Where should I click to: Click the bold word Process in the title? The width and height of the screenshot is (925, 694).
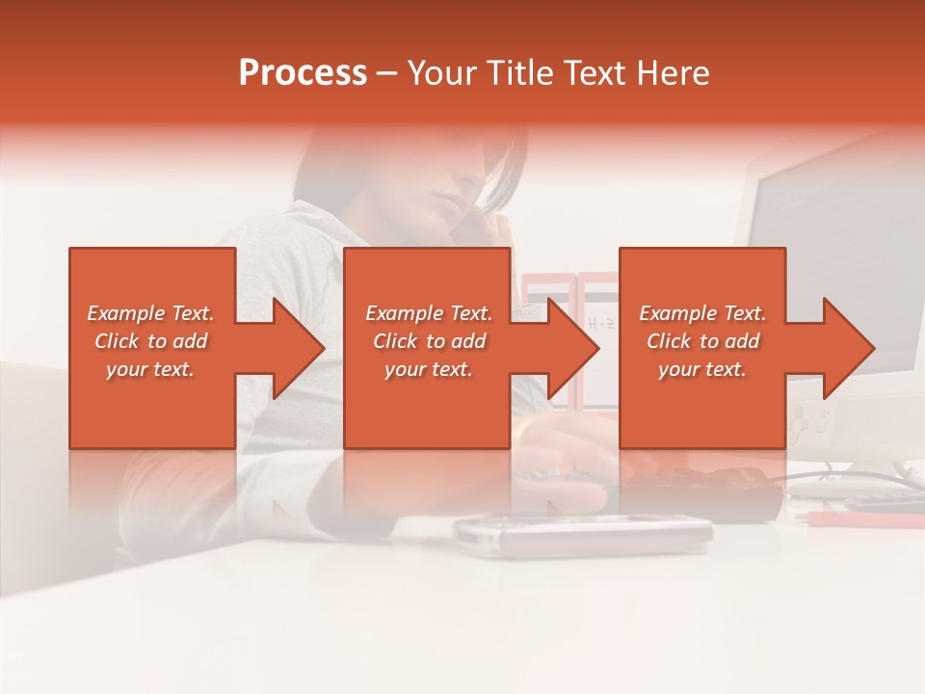point(303,73)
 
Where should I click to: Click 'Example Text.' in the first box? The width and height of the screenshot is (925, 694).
point(151,313)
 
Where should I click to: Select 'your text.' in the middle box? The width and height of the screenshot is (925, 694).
point(429,369)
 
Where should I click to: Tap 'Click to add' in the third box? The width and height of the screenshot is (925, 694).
point(703,341)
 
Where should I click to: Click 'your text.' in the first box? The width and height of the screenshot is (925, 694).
point(150,369)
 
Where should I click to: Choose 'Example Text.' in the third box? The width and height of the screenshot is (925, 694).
point(703,313)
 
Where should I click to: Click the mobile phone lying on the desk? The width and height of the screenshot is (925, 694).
point(583,532)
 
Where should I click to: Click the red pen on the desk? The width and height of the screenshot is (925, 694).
point(862,520)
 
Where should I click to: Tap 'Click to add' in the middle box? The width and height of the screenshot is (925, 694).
point(429,341)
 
